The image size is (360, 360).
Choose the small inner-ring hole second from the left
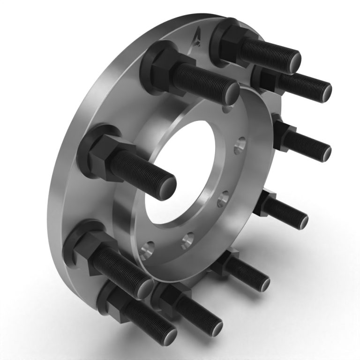pyautogui.click(x=188, y=240)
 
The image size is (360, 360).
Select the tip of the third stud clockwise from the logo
pyautogui.click(x=323, y=152)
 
